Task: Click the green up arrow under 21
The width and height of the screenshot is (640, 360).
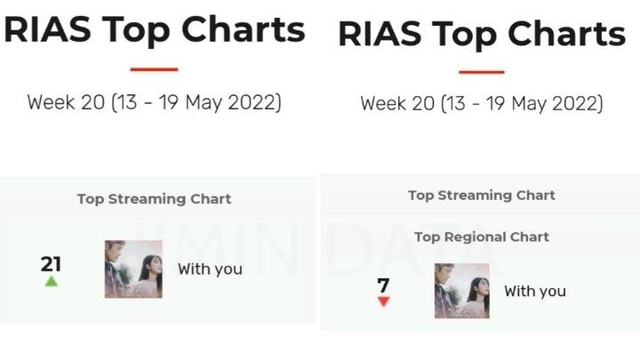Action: [x=51, y=281]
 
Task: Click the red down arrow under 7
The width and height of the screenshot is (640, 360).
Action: [x=384, y=301]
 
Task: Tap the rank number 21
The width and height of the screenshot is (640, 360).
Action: [x=51, y=264]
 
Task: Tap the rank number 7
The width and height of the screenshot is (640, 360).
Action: [x=383, y=285]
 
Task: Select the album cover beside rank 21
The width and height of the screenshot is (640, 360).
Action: [x=133, y=269]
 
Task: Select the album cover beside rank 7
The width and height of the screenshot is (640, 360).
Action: [x=462, y=291]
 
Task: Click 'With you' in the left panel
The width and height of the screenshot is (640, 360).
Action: [x=210, y=269]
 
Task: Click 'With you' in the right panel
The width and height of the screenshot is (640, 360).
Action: [x=535, y=292]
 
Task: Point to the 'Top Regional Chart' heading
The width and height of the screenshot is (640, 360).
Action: [x=482, y=236]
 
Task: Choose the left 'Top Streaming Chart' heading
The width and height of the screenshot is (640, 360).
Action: [x=155, y=199]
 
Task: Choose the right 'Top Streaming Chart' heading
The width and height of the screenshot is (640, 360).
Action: [x=482, y=196]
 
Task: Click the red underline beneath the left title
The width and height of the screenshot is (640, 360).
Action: [x=155, y=69]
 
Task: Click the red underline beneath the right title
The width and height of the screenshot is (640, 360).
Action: [x=482, y=72]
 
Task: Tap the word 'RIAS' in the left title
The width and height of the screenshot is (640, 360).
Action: [x=47, y=29]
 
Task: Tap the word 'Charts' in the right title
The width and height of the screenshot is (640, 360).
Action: [x=567, y=34]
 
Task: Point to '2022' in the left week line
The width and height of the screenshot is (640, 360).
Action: [x=252, y=102]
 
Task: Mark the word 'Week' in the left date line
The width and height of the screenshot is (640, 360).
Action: [x=51, y=102]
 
